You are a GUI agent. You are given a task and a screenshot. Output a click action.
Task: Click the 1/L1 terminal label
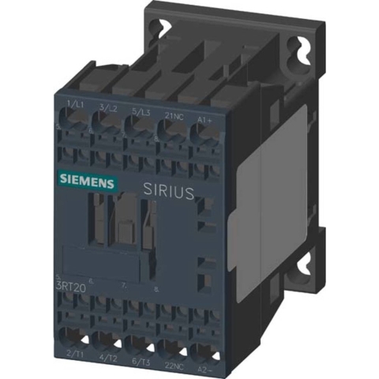[x=76, y=105]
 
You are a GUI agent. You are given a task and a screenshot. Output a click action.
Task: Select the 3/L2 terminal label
[x=109, y=107]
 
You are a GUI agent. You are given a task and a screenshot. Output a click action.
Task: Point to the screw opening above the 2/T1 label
[x=77, y=335]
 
